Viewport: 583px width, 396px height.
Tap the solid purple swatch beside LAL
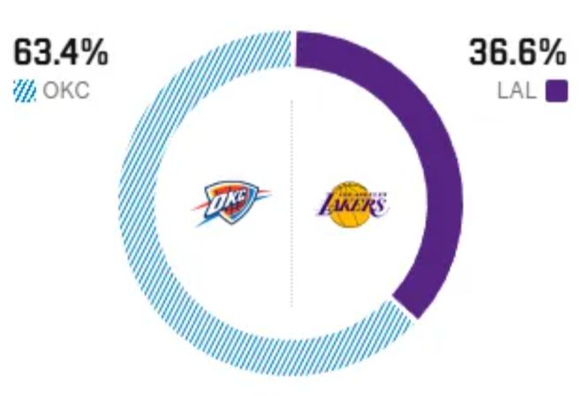point(556,92)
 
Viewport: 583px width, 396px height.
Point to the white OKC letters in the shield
point(225,202)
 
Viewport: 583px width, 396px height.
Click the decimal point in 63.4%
point(57,63)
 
